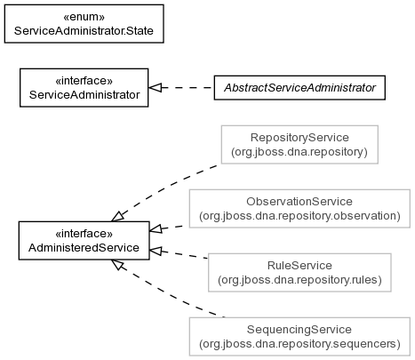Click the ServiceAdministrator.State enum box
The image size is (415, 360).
pos(84,24)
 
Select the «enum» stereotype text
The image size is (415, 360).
pos(84,17)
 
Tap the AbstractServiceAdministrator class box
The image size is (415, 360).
pos(299,88)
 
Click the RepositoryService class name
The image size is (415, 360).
pos(299,138)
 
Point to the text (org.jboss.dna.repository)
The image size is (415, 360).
pos(299,152)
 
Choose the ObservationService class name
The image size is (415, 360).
pos(299,202)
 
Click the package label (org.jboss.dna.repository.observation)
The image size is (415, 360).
pos(299,216)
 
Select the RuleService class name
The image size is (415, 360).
pos(299,266)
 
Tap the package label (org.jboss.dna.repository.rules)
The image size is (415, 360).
pos(299,280)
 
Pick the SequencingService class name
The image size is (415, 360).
pos(299,330)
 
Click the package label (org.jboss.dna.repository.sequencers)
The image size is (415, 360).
pos(299,344)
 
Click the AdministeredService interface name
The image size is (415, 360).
pos(84,248)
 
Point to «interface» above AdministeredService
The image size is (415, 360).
pos(84,234)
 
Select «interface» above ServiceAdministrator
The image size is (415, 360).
pos(84,81)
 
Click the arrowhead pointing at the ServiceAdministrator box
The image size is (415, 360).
pos(156,88)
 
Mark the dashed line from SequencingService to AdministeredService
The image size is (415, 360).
pos(167,289)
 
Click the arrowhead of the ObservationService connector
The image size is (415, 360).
pos(156,228)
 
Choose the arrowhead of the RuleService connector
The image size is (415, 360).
pos(156,252)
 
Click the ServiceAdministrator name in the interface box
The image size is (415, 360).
pos(84,95)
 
